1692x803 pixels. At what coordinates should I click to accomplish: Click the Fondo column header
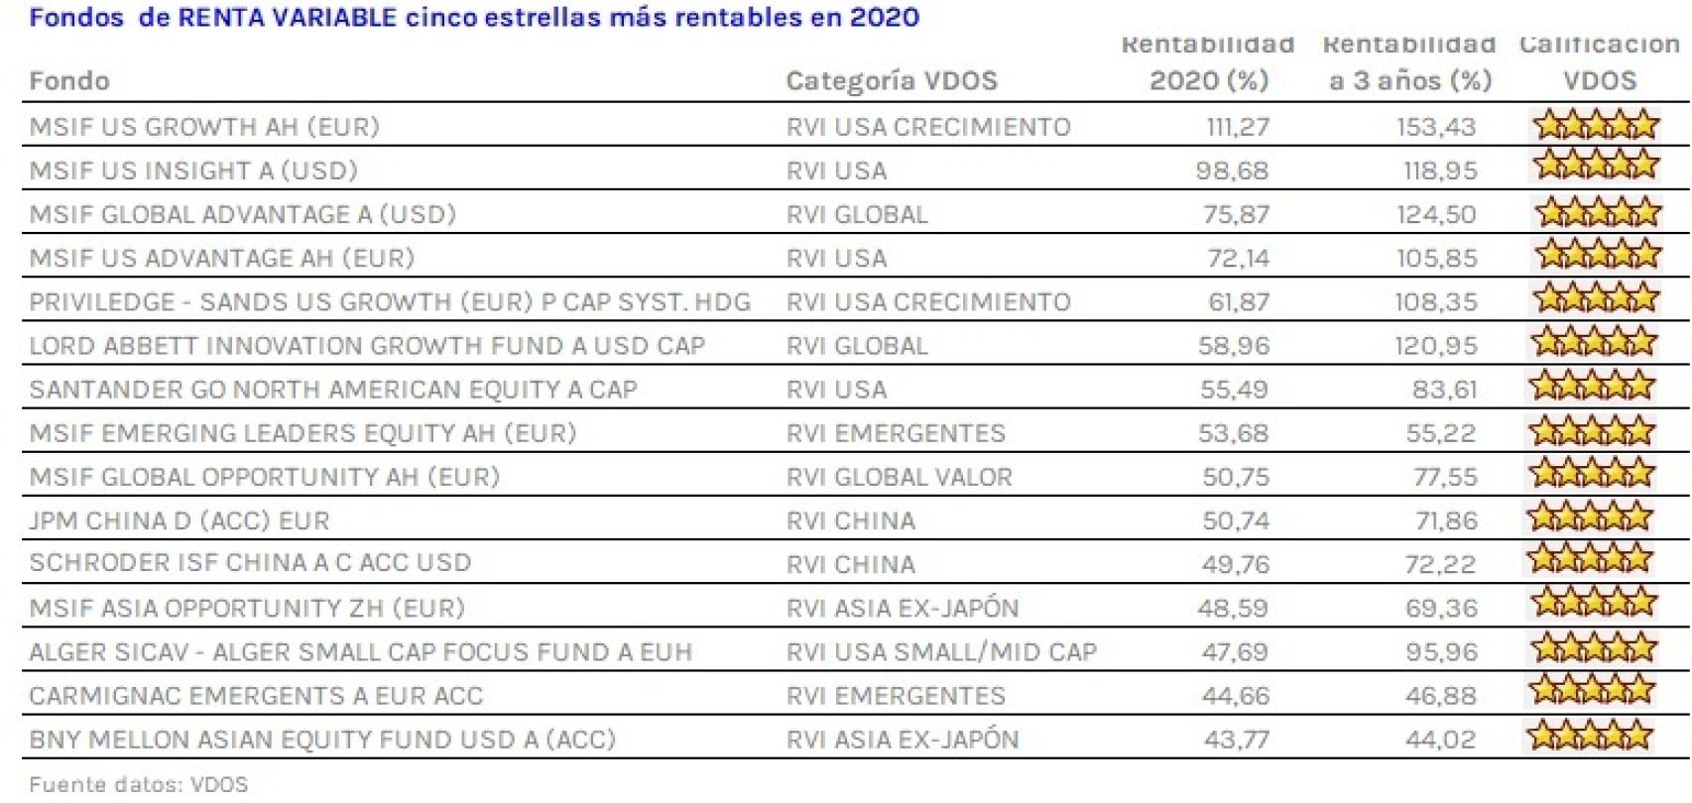tap(69, 81)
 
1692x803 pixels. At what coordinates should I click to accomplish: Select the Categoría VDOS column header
tap(891, 81)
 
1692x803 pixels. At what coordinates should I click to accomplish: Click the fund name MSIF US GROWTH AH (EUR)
tap(204, 127)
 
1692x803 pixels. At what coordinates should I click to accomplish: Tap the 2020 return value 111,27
tap(1237, 127)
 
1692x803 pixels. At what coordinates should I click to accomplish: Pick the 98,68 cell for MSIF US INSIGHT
tap(1232, 171)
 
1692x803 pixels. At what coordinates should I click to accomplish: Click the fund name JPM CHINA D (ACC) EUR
tap(179, 520)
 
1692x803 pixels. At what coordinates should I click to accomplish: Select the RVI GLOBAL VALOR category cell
tap(899, 477)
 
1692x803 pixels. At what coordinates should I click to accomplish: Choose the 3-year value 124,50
tap(1436, 214)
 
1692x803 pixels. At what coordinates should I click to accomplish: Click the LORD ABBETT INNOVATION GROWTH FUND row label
tap(367, 346)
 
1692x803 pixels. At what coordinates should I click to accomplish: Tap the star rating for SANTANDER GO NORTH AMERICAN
tap(1592, 387)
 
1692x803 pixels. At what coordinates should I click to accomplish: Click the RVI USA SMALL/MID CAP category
tap(941, 652)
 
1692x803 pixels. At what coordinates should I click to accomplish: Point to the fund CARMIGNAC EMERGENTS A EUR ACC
tap(256, 696)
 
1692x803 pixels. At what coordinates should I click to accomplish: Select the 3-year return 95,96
tap(1440, 652)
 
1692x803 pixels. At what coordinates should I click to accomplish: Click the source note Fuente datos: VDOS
tap(139, 785)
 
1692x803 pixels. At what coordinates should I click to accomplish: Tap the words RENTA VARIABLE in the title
tap(287, 17)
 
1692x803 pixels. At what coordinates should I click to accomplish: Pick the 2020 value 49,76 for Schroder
tap(1234, 564)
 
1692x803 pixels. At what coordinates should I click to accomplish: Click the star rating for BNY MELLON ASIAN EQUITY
tap(1590, 737)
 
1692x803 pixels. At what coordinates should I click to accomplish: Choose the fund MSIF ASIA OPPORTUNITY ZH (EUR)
tap(247, 608)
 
